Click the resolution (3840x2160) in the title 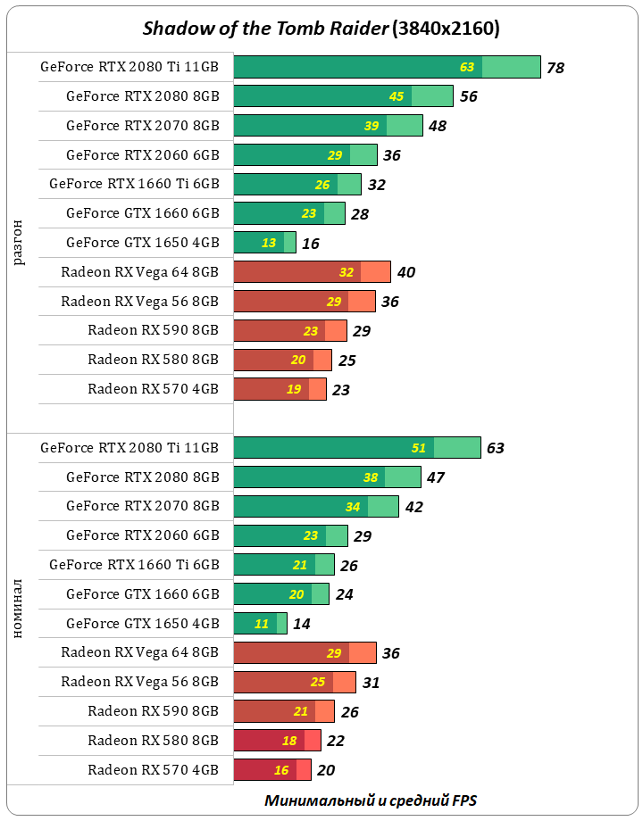coord(446,29)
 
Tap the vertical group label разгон coord(19,242)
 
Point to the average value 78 coord(555,68)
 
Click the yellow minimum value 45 coord(397,96)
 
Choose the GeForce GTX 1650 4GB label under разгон coord(142,242)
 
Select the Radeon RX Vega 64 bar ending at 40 coord(312,272)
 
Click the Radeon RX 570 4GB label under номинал coord(153,769)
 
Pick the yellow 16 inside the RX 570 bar coord(281,770)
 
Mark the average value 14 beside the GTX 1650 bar coord(302,624)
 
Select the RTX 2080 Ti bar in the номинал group coord(356,448)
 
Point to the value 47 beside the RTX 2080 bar coord(435,477)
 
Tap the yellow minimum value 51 coord(418,448)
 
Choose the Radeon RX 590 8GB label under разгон coord(153,330)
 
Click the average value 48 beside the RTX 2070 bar coord(437,126)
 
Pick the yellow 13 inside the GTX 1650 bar coord(268,243)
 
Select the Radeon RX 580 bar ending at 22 coord(277,741)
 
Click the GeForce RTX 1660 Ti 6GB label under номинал coord(134,565)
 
